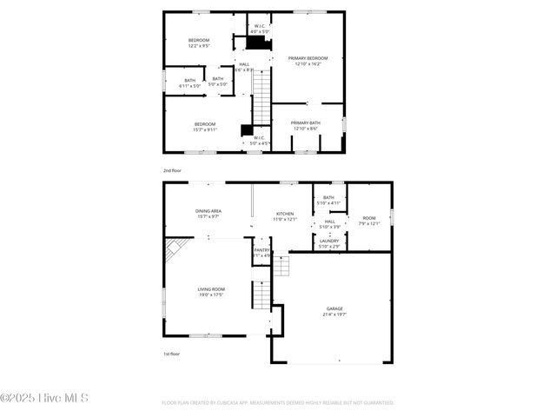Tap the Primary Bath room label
[x=306, y=126]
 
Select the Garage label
[x=334, y=311]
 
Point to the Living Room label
[x=210, y=292]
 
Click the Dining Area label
[x=208, y=214]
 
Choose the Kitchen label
[x=285, y=215]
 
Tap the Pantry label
[x=261, y=253]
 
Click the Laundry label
[x=328, y=243]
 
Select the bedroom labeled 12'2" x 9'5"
[x=199, y=43]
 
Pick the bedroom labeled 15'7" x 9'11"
[x=205, y=126]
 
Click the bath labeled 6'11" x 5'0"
[x=189, y=83]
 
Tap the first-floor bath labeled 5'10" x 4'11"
[x=328, y=200]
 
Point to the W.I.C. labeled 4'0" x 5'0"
[x=259, y=29]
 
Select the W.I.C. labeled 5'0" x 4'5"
[x=260, y=140]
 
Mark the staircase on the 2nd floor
[x=262, y=97]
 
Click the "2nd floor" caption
[x=173, y=171]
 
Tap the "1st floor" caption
[x=172, y=354]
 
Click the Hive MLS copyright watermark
[x=44, y=399]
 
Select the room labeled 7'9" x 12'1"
[x=369, y=220]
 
